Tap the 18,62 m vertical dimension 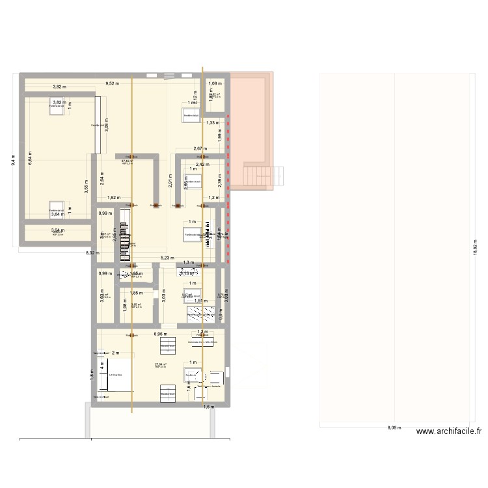[474, 249]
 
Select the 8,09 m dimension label [394, 428]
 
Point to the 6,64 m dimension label [29, 158]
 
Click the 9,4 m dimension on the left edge [13, 159]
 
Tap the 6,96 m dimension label [160, 334]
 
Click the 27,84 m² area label [161, 364]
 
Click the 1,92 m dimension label [114, 197]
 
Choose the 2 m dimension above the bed [115, 353]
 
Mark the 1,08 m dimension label [213, 83]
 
